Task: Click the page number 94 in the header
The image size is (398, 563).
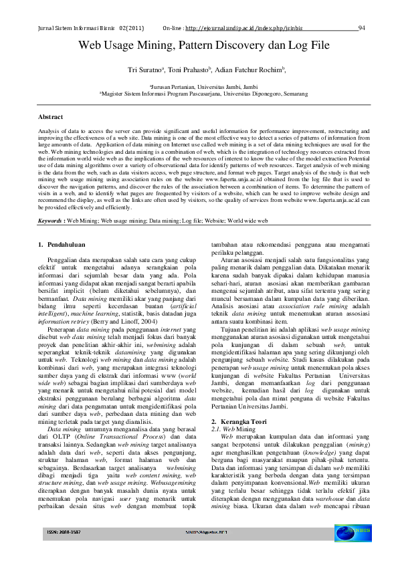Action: (x=361, y=29)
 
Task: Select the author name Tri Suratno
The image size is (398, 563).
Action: (x=145, y=70)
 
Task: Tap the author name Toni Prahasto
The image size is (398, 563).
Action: (x=189, y=70)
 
